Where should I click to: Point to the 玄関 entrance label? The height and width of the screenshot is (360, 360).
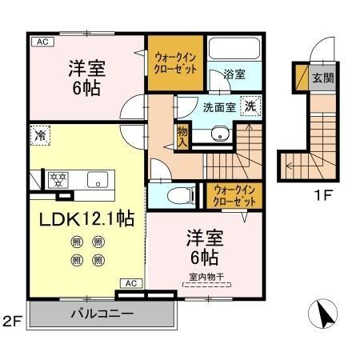tap(322, 78)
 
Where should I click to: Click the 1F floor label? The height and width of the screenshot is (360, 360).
tap(322, 193)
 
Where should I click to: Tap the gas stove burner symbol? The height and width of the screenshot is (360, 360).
tap(58, 178)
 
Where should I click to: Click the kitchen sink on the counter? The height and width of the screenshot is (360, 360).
tap(98, 178)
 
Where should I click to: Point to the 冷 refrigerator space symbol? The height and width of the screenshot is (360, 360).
tap(39, 136)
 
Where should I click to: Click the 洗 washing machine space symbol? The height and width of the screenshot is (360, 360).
tap(250, 105)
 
